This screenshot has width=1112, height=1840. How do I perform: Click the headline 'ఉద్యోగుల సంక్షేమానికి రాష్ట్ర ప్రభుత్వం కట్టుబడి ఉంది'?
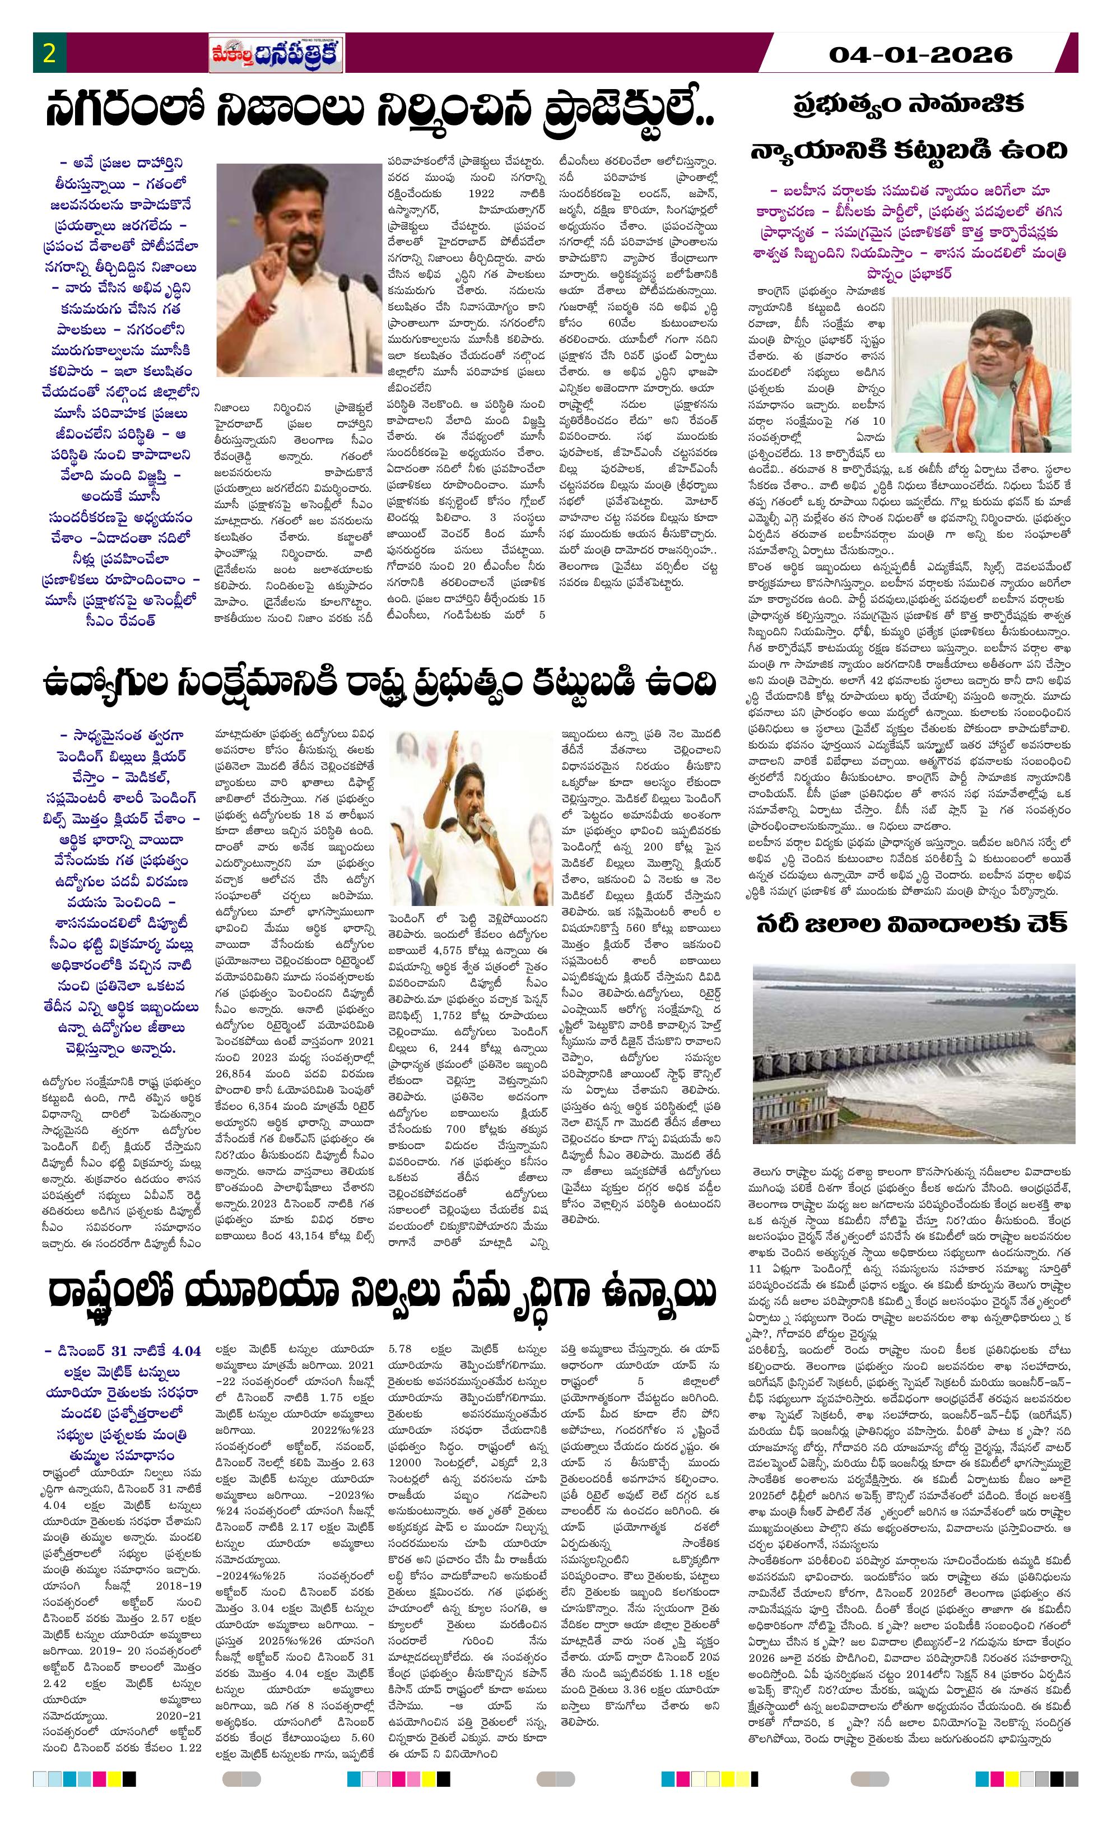[379, 682]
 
